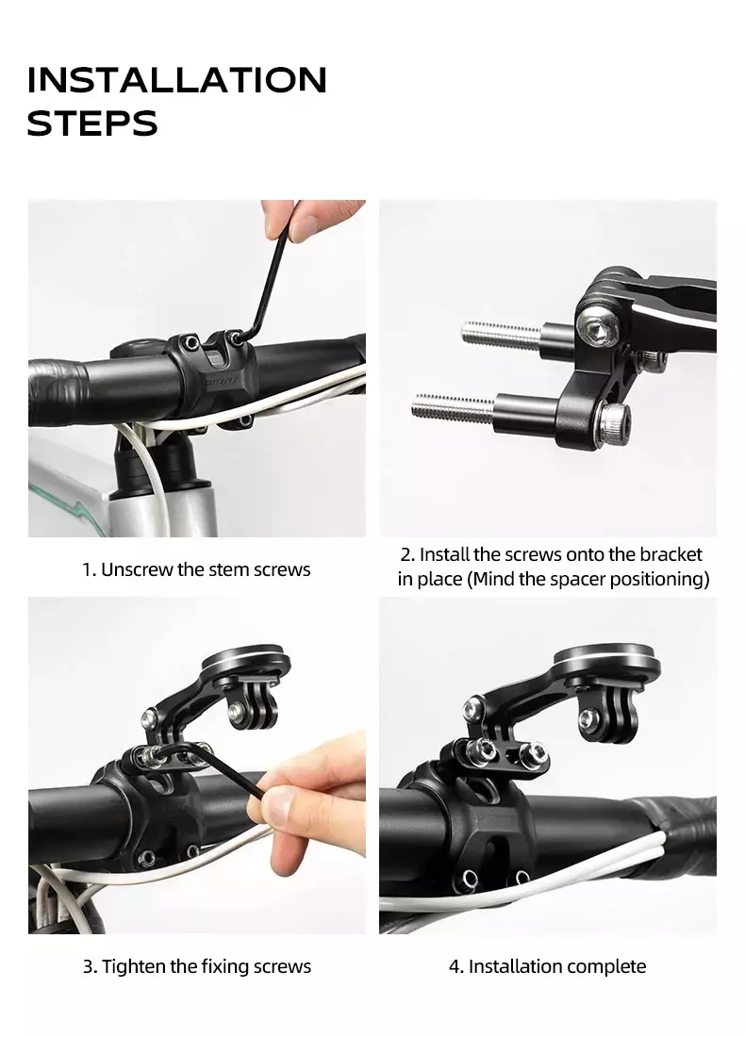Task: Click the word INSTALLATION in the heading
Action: pos(176,80)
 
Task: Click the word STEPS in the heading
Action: pos(92,123)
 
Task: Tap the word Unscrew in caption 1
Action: pos(137,569)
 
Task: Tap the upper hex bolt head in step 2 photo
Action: pos(598,322)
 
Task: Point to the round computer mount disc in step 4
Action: pos(606,659)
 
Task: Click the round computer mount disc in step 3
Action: pos(246,662)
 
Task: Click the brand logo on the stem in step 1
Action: pos(221,382)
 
